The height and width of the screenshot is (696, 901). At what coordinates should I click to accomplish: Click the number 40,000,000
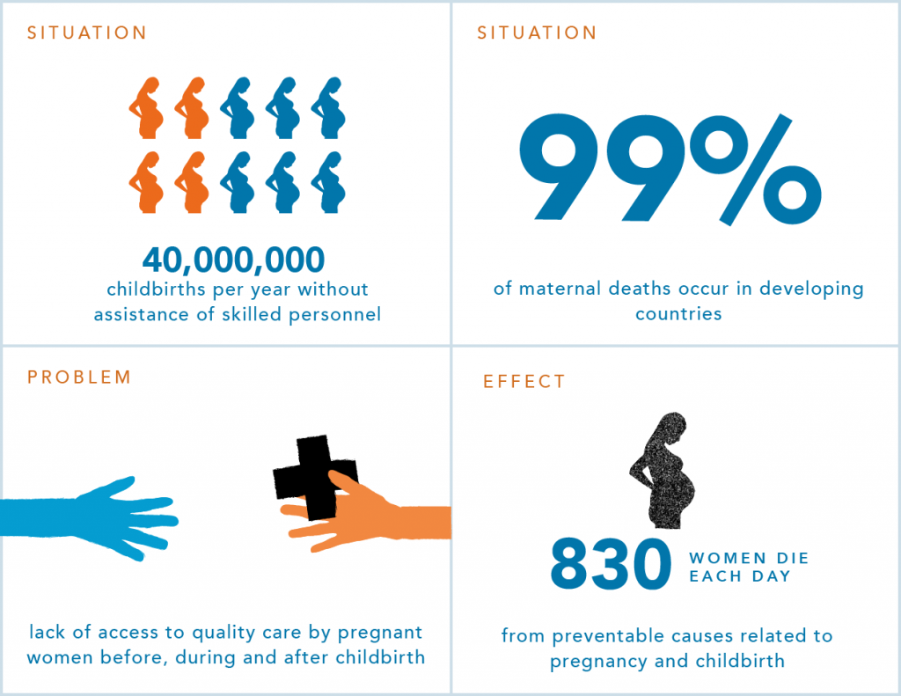pos(233,260)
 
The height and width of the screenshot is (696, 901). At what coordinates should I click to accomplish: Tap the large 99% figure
pos(670,168)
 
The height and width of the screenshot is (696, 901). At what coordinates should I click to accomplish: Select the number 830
pos(611,564)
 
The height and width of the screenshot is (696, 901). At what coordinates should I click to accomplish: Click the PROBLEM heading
pos(79,377)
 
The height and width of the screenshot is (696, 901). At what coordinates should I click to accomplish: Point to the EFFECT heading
pos(524,382)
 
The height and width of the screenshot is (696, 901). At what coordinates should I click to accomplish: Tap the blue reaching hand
pos(89,518)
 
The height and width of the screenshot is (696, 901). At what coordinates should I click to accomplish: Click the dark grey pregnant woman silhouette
pos(662,470)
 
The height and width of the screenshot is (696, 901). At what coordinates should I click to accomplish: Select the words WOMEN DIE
pos(749,558)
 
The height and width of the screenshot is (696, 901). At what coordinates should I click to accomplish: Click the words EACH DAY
pos(740,576)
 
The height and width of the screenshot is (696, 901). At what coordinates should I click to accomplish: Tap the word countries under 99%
pos(678,314)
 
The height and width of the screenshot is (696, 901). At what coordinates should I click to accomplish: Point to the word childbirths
pos(157,289)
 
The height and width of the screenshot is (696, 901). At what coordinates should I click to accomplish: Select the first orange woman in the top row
pos(147,108)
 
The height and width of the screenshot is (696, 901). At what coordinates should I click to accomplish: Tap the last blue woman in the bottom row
pos(329,183)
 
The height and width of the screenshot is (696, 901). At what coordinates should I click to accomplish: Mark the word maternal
pos(560,289)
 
